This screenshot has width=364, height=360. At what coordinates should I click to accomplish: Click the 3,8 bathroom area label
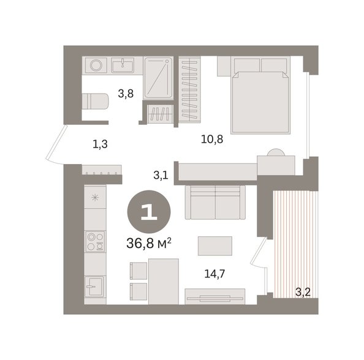pos(126,94)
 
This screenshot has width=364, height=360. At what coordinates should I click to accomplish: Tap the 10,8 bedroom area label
pos(212,140)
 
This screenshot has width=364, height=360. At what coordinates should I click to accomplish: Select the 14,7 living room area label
pos(214,274)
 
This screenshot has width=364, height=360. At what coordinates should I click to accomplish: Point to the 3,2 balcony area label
pos(303,292)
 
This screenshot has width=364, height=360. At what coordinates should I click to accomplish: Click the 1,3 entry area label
pos(100,144)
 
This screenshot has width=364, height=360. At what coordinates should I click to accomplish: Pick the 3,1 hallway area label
pos(161,175)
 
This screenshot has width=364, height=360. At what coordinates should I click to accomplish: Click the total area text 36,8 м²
pos(149,243)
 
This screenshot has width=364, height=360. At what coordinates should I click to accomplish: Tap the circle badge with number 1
pos(149,212)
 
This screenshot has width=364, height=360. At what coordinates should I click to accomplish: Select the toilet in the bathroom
pos(95,101)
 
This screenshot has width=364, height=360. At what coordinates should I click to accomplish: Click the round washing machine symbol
pos(96,65)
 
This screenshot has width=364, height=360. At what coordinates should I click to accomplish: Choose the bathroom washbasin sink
pos(123,65)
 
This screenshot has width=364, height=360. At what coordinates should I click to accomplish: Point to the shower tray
pos(158,78)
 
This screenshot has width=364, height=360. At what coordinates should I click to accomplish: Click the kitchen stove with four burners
pos(95,241)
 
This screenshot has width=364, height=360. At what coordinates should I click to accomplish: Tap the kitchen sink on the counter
pos(94,287)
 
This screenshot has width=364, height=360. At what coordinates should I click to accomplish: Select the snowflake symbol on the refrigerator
pos(95,198)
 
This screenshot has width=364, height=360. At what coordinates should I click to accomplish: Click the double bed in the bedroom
pos(261,96)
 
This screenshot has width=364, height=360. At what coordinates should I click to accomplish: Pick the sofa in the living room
pos(215,202)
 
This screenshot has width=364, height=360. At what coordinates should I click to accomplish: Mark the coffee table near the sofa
pos(215,246)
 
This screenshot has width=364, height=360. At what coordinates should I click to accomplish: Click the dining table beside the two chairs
pos(164,282)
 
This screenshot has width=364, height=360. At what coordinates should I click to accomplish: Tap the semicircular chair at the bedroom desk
pos(276,152)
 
